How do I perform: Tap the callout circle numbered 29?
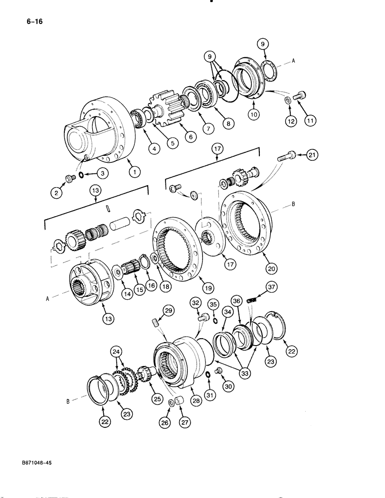169,310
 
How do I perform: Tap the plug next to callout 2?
69,178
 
